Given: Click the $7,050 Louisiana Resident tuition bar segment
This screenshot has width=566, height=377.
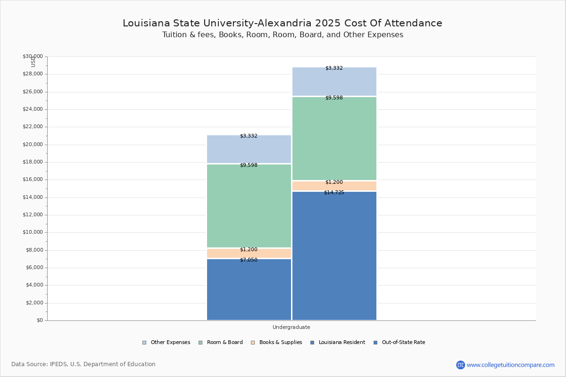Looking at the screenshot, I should pyautogui.click(x=249, y=290).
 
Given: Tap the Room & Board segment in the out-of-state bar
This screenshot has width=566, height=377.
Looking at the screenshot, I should pyautogui.click(x=334, y=139).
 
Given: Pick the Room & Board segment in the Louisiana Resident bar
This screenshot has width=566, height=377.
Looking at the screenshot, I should pyautogui.click(x=249, y=206).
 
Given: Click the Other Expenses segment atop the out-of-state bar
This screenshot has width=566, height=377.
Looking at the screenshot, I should pyautogui.click(x=334, y=82).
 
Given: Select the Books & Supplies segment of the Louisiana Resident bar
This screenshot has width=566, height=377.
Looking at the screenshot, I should pyautogui.click(x=249, y=254).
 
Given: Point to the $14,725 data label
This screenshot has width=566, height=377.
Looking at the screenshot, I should pyautogui.click(x=334, y=193).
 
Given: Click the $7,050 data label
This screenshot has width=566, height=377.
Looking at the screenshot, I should pyautogui.click(x=249, y=260).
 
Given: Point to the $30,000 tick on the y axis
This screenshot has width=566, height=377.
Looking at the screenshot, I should pyautogui.click(x=33, y=57).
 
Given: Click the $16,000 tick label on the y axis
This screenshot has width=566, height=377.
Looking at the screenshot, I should pyautogui.click(x=33, y=180).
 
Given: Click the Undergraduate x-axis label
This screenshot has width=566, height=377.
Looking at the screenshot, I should pyautogui.click(x=291, y=327).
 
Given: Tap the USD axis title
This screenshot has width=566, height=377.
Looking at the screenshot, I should pyautogui.click(x=33, y=61).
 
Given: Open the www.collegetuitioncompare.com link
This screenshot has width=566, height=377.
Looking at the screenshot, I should pyautogui.click(x=510, y=365).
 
